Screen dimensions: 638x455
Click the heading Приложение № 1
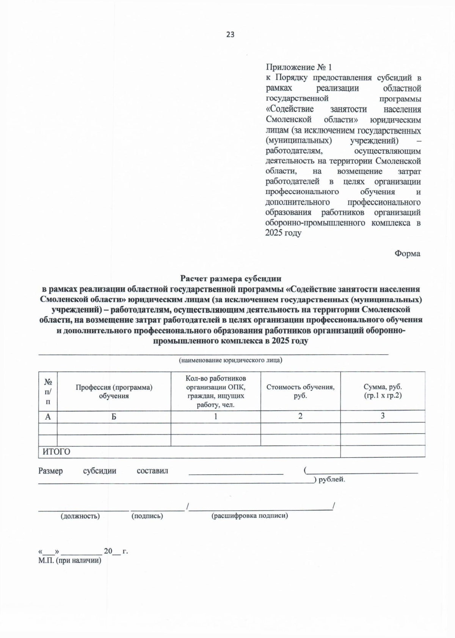[298, 67]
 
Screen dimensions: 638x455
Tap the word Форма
[407, 253]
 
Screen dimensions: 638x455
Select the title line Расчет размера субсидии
[231, 278]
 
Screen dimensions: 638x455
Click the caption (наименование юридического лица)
[230, 360]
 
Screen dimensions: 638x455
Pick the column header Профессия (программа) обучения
[114, 392]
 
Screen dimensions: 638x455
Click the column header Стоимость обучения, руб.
[300, 392]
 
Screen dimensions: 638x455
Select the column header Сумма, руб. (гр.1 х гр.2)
[383, 391]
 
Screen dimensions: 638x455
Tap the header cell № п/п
[48, 392]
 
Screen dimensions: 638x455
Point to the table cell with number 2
[300, 416]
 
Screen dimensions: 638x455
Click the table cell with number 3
[383, 416]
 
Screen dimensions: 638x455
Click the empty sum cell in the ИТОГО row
[383, 451]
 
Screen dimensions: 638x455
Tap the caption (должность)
[80, 516]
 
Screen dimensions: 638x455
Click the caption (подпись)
[147, 516]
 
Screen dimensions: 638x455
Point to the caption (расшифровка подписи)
[249, 516]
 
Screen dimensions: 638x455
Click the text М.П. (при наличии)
[70, 561]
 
